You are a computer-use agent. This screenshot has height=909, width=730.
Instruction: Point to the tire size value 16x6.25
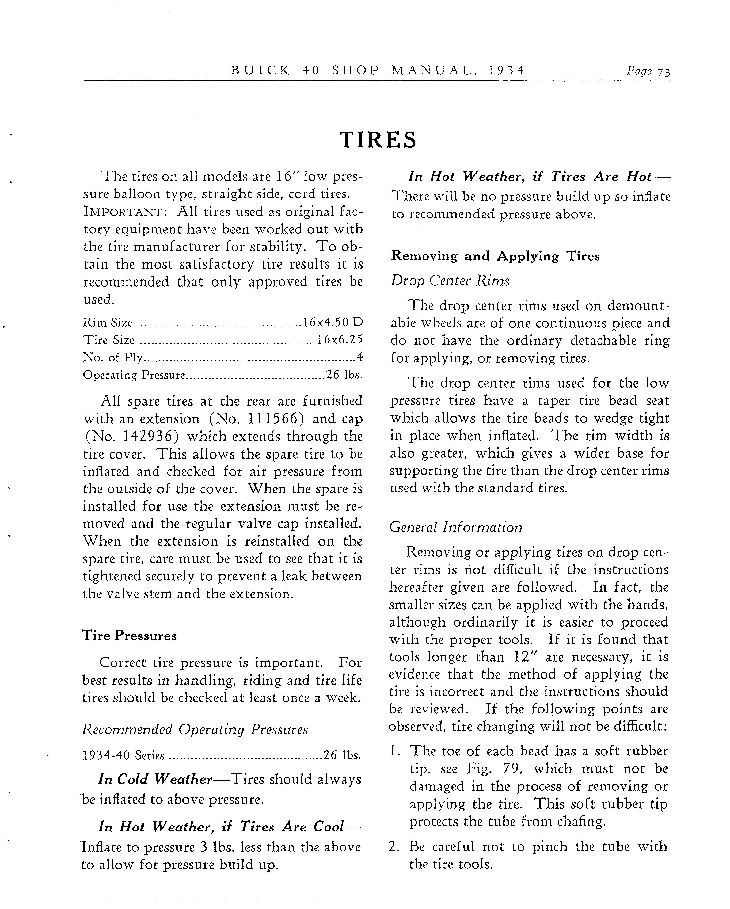[340, 340]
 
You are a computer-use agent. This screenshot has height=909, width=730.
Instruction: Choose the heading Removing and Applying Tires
[495, 256]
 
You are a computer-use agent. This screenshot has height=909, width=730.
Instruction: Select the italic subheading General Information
[455, 527]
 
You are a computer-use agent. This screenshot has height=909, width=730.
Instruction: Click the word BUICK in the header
[260, 70]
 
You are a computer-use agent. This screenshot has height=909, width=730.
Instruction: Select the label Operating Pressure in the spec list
[134, 375]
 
